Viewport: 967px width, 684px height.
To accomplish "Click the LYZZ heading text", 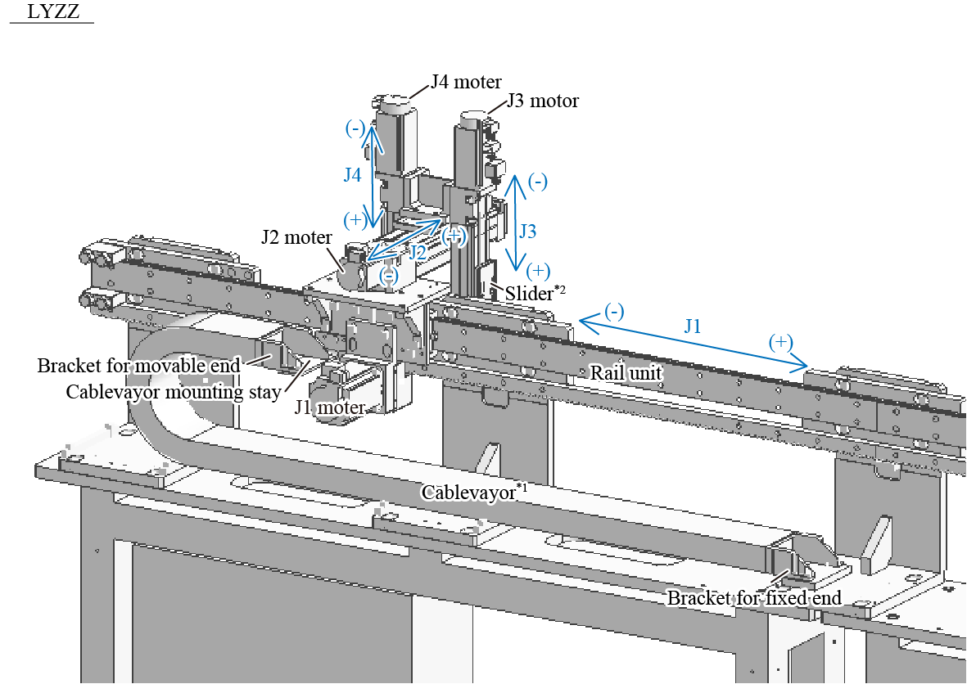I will click(x=53, y=12).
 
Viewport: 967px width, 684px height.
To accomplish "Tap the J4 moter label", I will click(x=466, y=82).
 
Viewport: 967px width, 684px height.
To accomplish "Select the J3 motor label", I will click(x=542, y=101).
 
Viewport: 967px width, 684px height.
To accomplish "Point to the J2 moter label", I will click(x=296, y=237).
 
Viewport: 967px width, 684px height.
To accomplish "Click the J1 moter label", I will click(x=330, y=407).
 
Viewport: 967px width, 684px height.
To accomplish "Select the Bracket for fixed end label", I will click(x=753, y=598).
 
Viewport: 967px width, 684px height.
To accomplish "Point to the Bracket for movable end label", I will click(x=139, y=366).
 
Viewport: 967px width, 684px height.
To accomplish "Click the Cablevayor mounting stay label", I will click(x=174, y=390).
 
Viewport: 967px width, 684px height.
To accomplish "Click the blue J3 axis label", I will click(x=527, y=232).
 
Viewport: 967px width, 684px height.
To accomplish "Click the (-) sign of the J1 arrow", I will click(x=614, y=311).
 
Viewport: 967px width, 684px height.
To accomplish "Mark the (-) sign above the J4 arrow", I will click(x=355, y=128).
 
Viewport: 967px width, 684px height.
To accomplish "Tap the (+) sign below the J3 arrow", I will click(x=538, y=271).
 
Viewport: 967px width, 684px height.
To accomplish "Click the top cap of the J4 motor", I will click(x=395, y=101).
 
